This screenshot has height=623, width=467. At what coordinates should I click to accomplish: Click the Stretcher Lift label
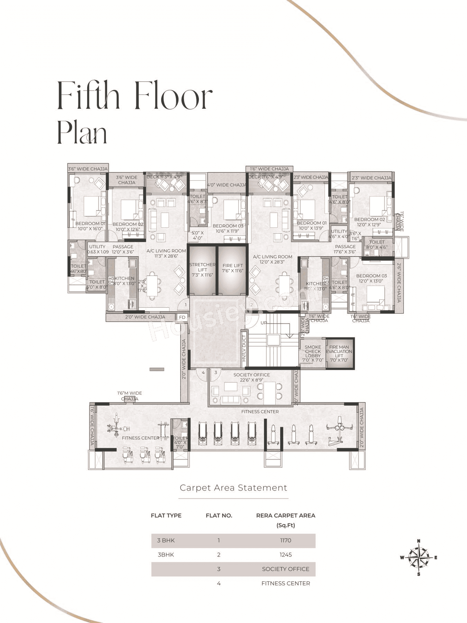coord(202,269)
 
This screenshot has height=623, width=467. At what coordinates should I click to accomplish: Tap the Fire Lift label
coord(232,268)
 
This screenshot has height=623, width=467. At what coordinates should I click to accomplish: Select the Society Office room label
coord(252,377)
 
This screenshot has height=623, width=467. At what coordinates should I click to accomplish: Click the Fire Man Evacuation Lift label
coord(339,353)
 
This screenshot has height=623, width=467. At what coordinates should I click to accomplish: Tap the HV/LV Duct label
coord(244,348)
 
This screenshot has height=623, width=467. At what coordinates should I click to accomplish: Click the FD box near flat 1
coord(182,317)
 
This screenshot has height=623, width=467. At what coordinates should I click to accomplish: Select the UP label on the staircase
coord(264,323)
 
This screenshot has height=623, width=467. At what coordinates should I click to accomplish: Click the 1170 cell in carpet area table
coord(286,540)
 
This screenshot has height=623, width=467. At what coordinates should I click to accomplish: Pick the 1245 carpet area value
coord(286,554)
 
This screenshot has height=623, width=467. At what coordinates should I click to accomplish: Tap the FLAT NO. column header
coord(219,515)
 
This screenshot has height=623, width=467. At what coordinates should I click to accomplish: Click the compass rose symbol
coord(418,557)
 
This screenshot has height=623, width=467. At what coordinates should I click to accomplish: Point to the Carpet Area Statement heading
coord(233,488)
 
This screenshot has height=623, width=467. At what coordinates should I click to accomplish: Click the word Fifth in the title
coord(88,96)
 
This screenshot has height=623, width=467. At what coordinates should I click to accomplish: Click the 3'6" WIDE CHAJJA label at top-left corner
coord(88,169)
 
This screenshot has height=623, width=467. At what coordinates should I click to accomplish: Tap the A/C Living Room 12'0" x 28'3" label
coord(273,259)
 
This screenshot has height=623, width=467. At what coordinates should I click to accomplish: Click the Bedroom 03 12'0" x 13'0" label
coord(371,278)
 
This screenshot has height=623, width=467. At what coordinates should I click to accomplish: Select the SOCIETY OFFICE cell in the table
coord(286,569)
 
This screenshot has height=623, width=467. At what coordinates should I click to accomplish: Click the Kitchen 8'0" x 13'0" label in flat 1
coord(124,281)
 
